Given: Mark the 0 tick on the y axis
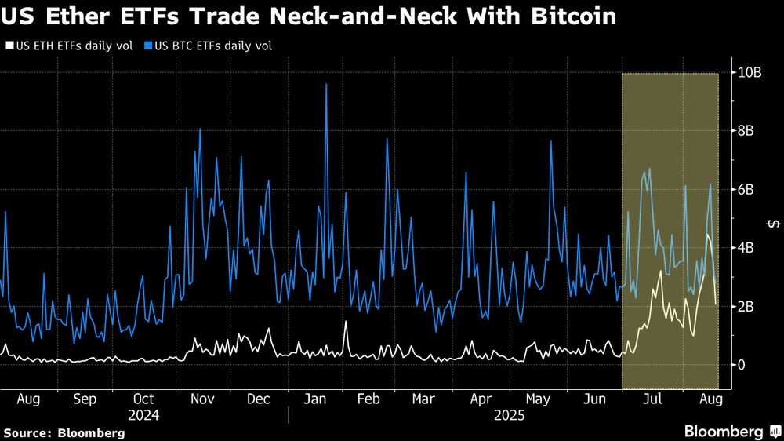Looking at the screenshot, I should point(741,365).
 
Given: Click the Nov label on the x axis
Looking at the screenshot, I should point(202,399).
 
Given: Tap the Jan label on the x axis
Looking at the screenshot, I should point(315,399).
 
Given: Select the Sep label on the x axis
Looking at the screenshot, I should point(85,399).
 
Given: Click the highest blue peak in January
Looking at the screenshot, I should point(325,85).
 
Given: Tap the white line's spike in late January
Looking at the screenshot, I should point(345,322).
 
